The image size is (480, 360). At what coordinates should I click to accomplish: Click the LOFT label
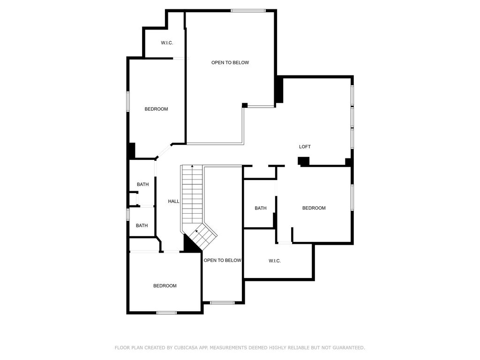[x=305, y=147]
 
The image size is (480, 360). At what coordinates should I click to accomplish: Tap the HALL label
[x=173, y=202]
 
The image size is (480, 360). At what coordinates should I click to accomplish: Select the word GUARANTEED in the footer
[x=349, y=348]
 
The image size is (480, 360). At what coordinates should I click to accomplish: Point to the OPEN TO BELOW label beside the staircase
[x=223, y=261]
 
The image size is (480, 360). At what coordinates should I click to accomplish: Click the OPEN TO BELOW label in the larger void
[x=230, y=63]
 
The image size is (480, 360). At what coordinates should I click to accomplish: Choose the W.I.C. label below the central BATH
[x=275, y=261]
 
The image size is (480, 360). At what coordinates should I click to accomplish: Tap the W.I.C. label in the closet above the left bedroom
[x=167, y=43]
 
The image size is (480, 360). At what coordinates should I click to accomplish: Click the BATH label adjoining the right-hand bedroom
[x=261, y=208]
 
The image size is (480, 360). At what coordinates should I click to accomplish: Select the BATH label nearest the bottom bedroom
[x=142, y=225]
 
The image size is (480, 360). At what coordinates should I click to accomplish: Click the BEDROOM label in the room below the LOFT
[x=314, y=208]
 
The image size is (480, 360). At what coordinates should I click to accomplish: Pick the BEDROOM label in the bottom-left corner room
[x=165, y=286]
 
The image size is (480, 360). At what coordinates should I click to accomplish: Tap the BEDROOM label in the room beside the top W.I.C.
[x=156, y=109]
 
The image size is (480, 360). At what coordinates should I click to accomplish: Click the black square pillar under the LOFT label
[x=304, y=161]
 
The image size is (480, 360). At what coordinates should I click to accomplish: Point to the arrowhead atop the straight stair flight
[x=192, y=166]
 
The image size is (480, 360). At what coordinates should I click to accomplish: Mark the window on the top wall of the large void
[x=248, y=11]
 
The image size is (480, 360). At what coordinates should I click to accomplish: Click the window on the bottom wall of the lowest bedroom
[x=166, y=313]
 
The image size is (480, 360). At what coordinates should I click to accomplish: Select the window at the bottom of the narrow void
[x=222, y=303]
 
